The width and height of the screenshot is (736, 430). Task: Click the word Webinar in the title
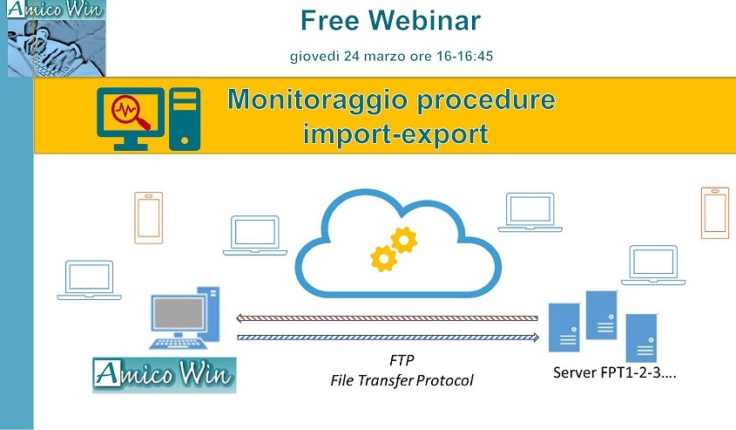[x=424, y=21]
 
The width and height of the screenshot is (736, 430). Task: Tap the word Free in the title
[x=330, y=21]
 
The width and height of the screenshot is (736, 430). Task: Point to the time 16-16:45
[x=465, y=57]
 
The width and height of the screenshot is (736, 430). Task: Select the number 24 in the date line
[x=352, y=57]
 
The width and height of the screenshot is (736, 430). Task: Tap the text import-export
[x=395, y=134]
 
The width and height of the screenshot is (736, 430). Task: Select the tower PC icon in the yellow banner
[x=185, y=119]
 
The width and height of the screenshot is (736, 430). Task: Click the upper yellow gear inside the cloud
[x=403, y=240]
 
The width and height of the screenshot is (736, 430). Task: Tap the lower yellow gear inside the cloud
[x=384, y=258]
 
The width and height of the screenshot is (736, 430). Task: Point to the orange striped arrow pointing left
[x=387, y=318]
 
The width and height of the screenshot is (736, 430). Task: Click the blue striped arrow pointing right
[x=388, y=337]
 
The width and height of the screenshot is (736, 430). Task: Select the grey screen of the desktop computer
[x=179, y=313]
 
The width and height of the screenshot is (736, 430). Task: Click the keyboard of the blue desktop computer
[x=179, y=344]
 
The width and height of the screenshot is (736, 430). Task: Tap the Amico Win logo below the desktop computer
[x=165, y=375]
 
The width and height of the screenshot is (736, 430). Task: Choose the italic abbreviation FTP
[x=402, y=360]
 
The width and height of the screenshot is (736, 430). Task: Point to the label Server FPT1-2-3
[x=614, y=372]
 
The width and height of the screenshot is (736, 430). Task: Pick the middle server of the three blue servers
[x=601, y=315]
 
